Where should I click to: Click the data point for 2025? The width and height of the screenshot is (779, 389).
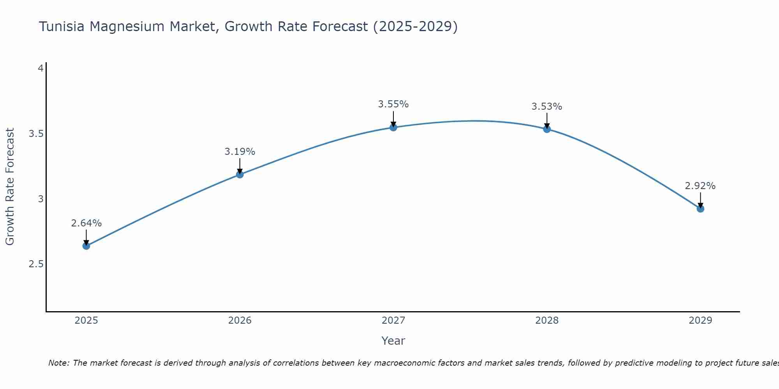(86, 246)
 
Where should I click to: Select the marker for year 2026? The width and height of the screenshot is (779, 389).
(240, 174)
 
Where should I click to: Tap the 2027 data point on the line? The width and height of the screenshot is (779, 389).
(393, 127)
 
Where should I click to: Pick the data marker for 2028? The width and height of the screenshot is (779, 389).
(547, 129)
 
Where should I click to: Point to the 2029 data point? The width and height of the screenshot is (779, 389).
(700, 209)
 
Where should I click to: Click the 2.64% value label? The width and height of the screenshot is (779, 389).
(86, 223)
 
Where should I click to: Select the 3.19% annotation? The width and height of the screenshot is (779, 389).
(240, 152)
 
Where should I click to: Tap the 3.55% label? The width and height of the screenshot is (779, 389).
(393, 104)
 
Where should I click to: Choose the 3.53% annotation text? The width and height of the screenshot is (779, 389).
(547, 107)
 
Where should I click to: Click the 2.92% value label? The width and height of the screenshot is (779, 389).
(700, 186)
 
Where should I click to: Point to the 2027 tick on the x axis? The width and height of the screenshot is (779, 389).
(393, 321)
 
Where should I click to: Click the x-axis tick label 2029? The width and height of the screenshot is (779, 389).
(700, 321)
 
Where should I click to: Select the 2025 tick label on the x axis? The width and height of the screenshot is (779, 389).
(86, 321)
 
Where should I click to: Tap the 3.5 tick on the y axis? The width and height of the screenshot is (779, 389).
(36, 134)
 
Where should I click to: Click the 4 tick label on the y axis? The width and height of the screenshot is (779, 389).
(40, 68)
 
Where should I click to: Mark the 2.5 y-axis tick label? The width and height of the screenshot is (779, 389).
(36, 264)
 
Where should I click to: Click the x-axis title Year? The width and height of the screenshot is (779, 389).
(393, 341)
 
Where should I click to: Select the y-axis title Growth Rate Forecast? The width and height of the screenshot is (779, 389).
(10, 187)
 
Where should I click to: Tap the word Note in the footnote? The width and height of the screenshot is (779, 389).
(58, 363)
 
